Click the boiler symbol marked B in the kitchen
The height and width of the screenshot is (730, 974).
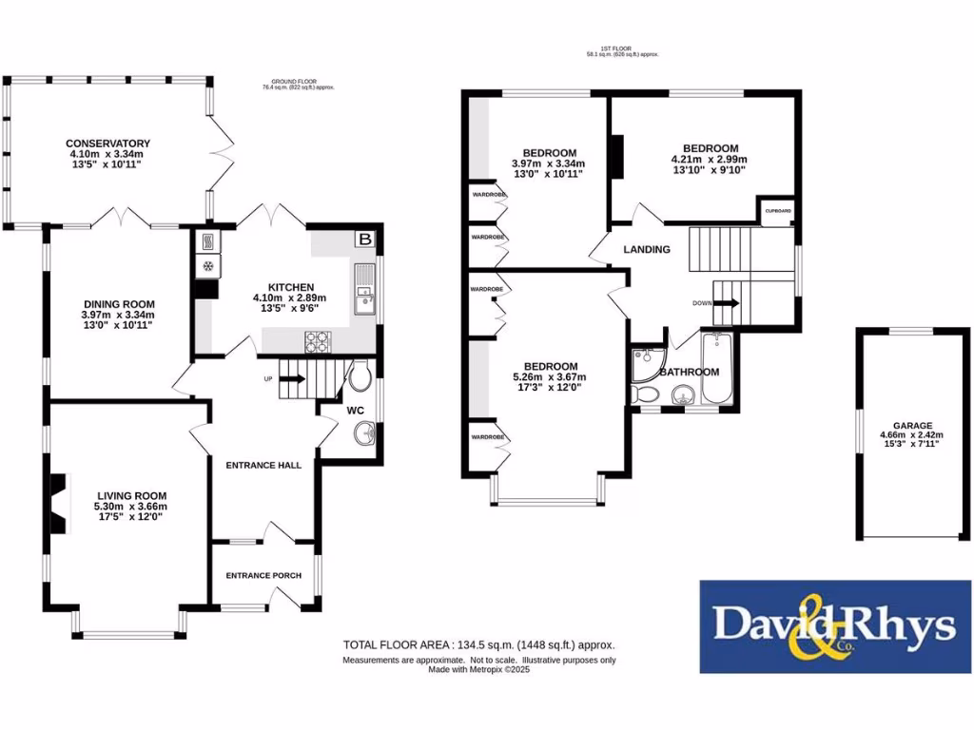363,240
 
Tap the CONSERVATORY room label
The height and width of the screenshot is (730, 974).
109,144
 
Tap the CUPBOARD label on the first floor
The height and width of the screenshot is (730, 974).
774,211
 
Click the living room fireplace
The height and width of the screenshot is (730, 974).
59,505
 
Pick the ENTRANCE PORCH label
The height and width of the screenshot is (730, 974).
263,576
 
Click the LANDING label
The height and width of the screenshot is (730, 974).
647,250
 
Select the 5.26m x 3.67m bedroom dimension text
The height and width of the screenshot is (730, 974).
551,377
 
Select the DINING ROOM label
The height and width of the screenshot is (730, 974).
117,303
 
